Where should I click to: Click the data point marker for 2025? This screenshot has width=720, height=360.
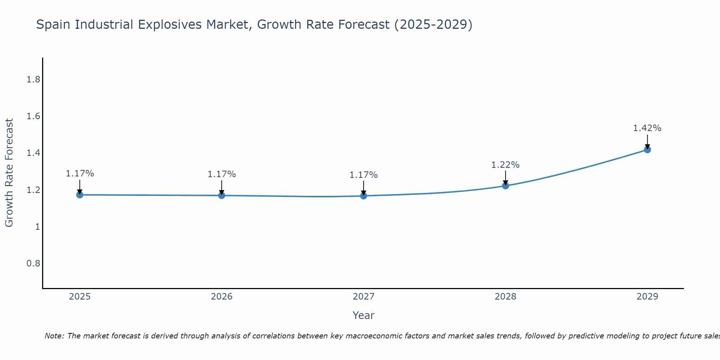(x=80, y=195)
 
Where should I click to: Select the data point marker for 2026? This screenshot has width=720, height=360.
(x=221, y=195)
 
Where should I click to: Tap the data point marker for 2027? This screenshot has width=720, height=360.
(x=363, y=196)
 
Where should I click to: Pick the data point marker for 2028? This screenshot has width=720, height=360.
(x=505, y=186)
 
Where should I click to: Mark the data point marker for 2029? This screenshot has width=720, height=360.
(x=647, y=149)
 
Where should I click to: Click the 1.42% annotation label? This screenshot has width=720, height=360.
(x=647, y=128)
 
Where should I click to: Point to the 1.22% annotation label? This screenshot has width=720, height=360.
(x=505, y=165)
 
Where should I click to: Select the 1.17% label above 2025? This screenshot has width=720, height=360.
(x=80, y=174)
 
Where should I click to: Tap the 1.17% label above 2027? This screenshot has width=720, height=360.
(x=363, y=175)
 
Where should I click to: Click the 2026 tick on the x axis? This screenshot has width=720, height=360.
(x=221, y=297)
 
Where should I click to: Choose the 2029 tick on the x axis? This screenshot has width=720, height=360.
(x=647, y=297)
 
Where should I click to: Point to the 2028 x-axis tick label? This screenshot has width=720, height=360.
(x=505, y=297)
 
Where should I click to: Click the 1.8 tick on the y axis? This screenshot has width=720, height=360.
(x=33, y=80)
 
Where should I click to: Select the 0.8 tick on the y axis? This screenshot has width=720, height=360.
(x=33, y=264)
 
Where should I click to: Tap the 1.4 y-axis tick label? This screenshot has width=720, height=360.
(x=33, y=153)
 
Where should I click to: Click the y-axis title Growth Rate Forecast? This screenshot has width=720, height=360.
(x=9, y=173)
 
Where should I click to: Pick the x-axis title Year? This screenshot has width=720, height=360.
(x=363, y=315)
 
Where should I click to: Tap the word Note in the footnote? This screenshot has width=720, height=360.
(x=54, y=336)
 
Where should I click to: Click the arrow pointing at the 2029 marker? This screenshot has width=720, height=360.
(x=647, y=142)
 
